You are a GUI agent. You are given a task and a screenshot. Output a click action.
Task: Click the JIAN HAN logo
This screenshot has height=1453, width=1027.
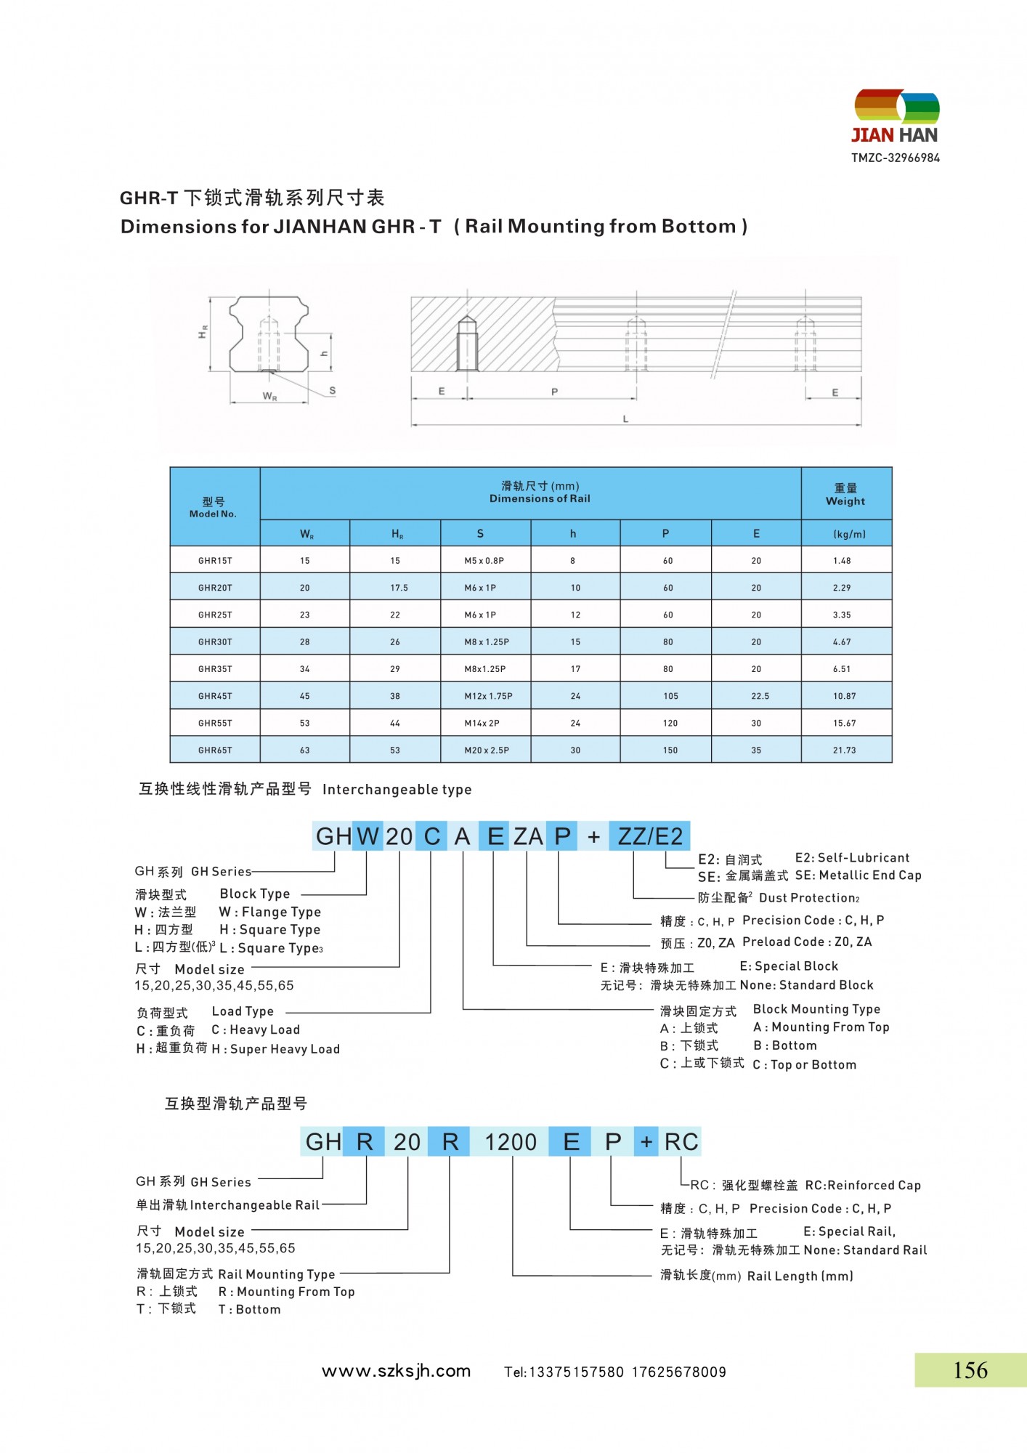coord(896,117)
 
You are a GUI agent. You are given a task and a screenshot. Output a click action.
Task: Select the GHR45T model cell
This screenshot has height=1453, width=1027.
coord(215,696)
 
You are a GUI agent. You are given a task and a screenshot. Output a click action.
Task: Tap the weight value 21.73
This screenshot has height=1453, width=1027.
coord(844,750)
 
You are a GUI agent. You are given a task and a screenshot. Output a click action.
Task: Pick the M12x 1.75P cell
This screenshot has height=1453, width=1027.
coord(488,696)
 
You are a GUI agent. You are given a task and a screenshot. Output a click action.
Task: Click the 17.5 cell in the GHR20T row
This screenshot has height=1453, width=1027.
coord(399,588)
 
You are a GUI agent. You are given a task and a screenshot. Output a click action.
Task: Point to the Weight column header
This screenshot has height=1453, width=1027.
coord(845,495)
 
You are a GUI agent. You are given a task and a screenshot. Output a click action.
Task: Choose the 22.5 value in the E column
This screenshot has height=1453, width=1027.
coord(760,696)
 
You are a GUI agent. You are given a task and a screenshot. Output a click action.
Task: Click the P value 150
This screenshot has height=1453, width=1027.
coord(670,750)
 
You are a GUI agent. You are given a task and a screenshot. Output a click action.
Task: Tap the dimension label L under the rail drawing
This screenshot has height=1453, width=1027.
coord(625,419)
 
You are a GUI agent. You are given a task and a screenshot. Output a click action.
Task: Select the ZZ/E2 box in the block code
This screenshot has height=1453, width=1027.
coord(649,836)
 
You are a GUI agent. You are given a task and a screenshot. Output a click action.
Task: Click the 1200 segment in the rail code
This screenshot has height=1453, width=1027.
coord(511,1142)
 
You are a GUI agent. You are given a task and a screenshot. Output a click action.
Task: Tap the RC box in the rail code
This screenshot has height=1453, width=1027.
coord(681,1142)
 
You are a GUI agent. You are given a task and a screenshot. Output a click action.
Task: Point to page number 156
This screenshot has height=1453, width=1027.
coord(970,1370)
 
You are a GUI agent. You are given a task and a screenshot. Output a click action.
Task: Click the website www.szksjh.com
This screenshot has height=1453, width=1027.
coord(396,1371)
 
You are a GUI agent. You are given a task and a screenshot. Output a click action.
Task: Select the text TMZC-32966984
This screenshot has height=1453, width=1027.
coord(896,158)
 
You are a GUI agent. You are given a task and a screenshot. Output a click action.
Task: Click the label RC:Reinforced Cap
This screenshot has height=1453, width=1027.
coord(863,1185)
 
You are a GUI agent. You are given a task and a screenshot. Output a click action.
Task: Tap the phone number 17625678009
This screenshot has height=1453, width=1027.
coord(679,1372)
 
